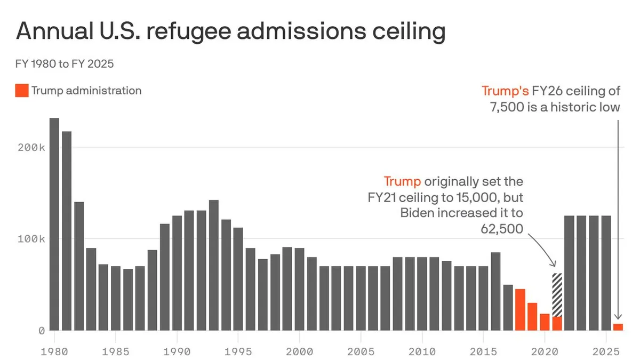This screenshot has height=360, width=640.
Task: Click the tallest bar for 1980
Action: [54, 224]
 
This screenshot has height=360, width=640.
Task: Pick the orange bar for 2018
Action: [520, 309]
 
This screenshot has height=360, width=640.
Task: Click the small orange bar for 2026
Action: [618, 327]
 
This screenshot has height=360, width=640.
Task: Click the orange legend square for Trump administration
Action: [22, 91]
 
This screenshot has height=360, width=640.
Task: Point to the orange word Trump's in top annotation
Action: [505, 91]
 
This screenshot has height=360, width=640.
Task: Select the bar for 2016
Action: [495, 291]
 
